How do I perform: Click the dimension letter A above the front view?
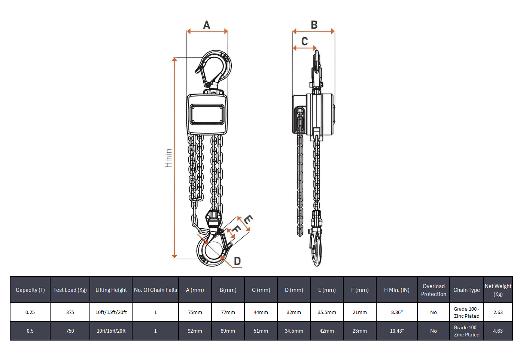click(207, 25)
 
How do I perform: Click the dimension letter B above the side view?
click(314, 25)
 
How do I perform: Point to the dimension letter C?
click(304, 41)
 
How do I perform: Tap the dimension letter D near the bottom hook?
click(237, 261)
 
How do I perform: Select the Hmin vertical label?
click(168, 158)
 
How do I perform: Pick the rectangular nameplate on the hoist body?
click(207, 114)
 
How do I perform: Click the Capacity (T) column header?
click(30, 290)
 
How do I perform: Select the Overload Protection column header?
click(434, 290)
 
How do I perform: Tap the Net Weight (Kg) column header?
click(498, 290)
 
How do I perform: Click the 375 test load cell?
click(70, 312)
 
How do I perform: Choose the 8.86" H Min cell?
click(397, 312)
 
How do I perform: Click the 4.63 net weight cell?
click(498, 331)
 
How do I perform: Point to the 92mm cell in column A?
click(195, 331)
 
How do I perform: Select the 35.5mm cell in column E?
click(327, 312)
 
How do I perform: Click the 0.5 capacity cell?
click(30, 331)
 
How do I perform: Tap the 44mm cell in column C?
click(261, 312)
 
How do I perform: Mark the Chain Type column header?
click(466, 290)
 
